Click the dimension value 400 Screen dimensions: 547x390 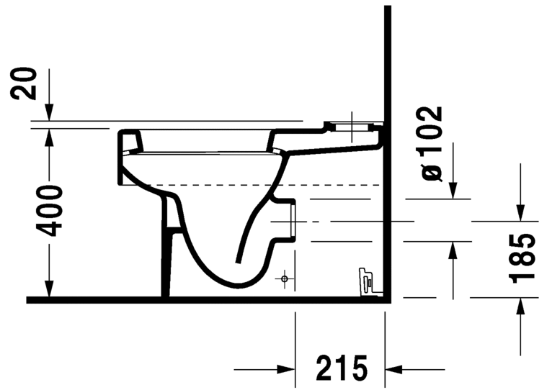[x=49, y=211]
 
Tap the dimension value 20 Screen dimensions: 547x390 [x=24, y=83]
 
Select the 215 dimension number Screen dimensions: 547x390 [x=342, y=368]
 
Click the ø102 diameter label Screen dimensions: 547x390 [x=431, y=143]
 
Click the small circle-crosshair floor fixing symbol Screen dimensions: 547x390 [x=285, y=278]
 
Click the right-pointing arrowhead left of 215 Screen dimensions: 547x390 [x=285, y=369]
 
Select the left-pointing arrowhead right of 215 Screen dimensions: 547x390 [x=393, y=369]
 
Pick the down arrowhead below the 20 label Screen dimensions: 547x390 [x=49, y=112]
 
